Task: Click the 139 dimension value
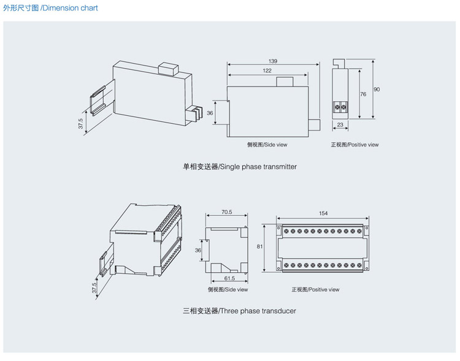[x=273, y=61]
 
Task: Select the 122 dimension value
[x=267, y=71]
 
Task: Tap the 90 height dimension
[x=377, y=89]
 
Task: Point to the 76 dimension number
[x=363, y=94]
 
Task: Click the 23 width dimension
[x=340, y=124]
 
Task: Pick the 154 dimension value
[x=323, y=213]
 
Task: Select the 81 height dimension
[x=260, y=246]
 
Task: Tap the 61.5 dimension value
[x=229, y=278]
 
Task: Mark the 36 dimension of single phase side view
[x=210, y=113]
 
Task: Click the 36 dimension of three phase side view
[x=198, y=251]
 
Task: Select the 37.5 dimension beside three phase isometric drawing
[x=94, y=288]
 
